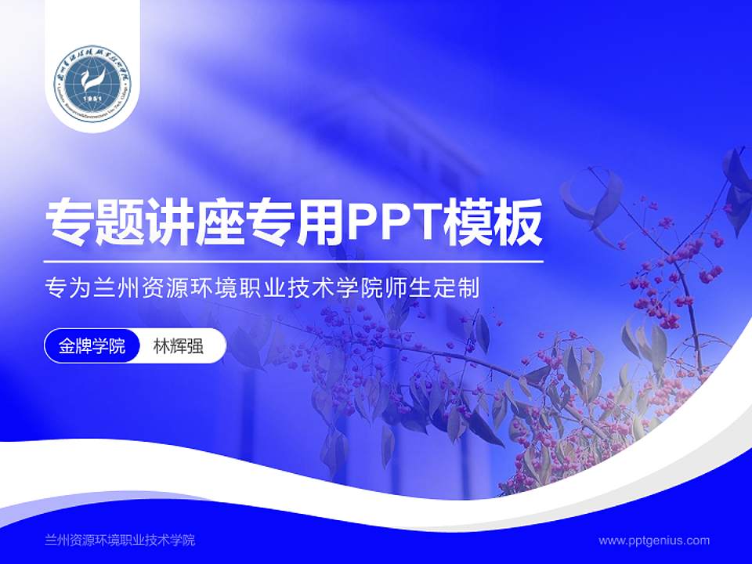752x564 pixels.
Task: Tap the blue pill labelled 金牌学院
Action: click(x=92, y=346)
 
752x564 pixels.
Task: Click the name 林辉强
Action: click(x=179, y=346)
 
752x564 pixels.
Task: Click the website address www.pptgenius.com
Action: click(x=654, y=540)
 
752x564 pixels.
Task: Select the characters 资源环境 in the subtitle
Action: click(x=201, y=288)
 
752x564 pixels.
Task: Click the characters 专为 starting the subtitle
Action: click(x=67, y=288)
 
